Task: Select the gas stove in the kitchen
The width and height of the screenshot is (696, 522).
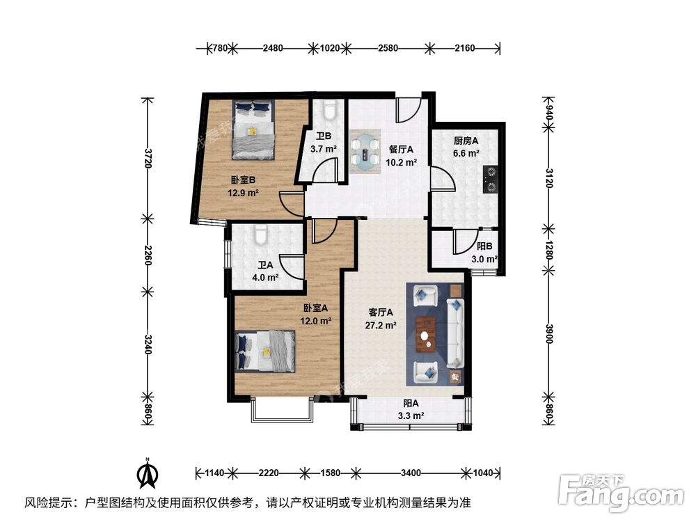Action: tap(490, 179)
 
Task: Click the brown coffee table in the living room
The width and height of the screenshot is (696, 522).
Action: tap(425, 333)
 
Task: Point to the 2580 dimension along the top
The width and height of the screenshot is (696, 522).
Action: tap(388, 48)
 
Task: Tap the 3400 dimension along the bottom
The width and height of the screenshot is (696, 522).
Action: tap(411, 473)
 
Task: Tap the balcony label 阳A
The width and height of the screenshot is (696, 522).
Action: tap(411, 404)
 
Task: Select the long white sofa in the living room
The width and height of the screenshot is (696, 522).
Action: tap(455, 334)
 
